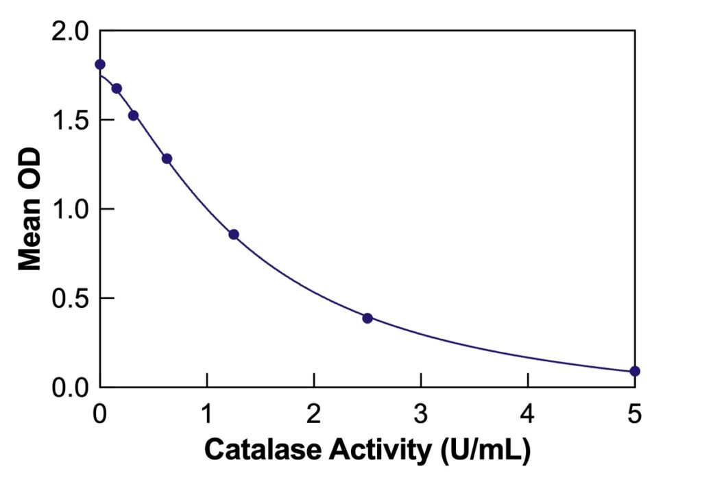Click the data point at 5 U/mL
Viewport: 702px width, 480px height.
tap(635, 371)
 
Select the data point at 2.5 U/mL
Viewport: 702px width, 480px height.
tap(367, 317)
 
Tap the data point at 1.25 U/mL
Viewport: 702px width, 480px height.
tap(234, 235)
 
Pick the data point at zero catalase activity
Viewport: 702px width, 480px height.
tap(100, 64)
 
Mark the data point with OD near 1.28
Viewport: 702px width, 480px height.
tap(167, 158)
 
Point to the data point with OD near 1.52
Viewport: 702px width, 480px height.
tap(133, 115)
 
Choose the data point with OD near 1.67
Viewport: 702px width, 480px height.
tap(117, 88)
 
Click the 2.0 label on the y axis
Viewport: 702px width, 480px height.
tap(71, 32)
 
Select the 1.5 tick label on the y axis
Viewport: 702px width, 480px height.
tap(71, 121)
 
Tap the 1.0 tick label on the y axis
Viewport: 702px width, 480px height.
tap(71, 210)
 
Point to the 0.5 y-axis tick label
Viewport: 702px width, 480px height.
tap(71, 299)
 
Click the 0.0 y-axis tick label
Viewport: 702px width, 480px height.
tap(71, 388)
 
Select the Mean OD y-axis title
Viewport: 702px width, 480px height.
tap(29, 209)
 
